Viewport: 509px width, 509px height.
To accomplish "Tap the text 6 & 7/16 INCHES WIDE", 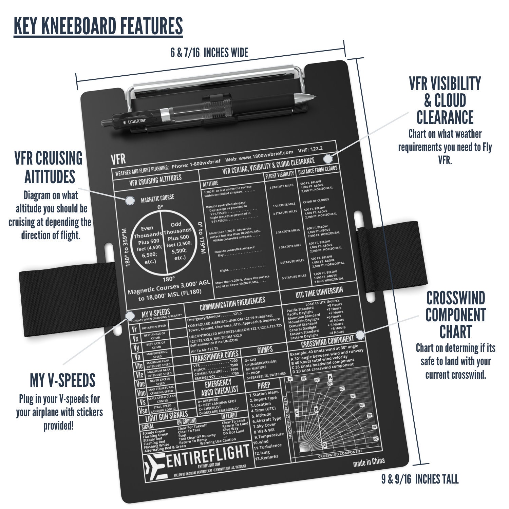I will click(209, 53).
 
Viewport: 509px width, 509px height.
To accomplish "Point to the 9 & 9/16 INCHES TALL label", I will click(420, 479).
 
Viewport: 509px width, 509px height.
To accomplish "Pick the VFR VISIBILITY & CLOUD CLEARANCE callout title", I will click(445, 100).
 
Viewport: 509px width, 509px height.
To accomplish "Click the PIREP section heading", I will click(264, 385).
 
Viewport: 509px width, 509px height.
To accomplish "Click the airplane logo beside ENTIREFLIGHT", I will click(155, 466).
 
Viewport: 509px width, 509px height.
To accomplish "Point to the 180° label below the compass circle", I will click(168, 279).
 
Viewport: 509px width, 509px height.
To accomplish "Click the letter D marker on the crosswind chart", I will click(325, 445).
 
